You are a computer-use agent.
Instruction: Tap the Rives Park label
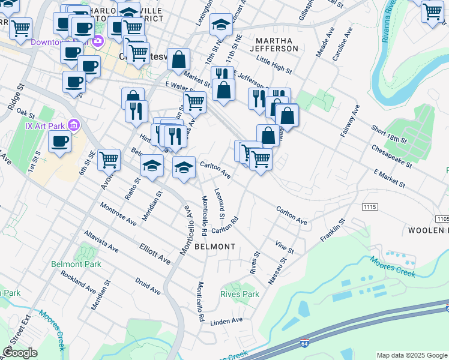point(240,295)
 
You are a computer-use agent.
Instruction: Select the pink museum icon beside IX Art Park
point(74,125)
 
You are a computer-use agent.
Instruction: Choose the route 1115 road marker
point(370,206)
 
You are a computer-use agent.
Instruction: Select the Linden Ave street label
point(226,321)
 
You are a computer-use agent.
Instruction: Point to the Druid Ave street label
point(148,286)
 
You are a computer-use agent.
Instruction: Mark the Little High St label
point(273,65)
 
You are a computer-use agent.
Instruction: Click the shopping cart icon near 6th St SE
point(109,160)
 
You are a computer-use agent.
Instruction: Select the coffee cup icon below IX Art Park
point(59,142)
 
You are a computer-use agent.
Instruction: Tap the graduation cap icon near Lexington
point(221,25)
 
